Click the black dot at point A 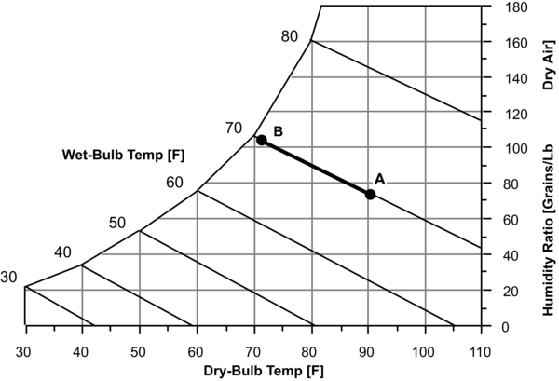[x=370, y=194]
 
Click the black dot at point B [x=262, y=140]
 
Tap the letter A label [x=379, y=178]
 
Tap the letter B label [x=278, y=131]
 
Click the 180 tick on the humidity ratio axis [x=508, y=7]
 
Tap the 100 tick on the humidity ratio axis [x=508, y=149]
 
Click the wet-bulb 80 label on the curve [x=289, y=35]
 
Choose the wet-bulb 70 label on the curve [x=234, y=128]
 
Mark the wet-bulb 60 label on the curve [x=174, y=182]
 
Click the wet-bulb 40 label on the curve [x=62, y=252]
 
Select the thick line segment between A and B [x=316, y=167]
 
